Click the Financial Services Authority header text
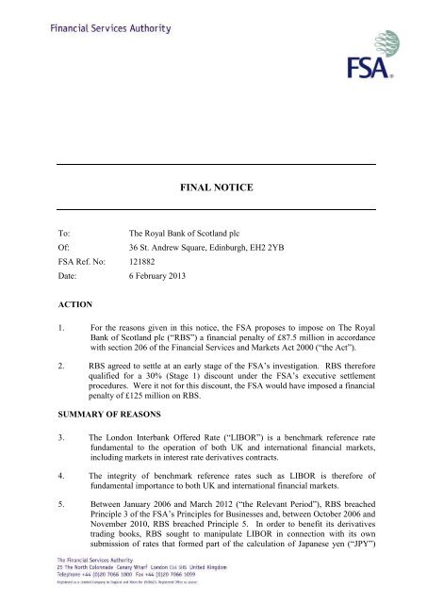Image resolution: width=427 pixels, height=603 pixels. point(106,28)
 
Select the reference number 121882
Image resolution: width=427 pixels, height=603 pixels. point(144,261)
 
